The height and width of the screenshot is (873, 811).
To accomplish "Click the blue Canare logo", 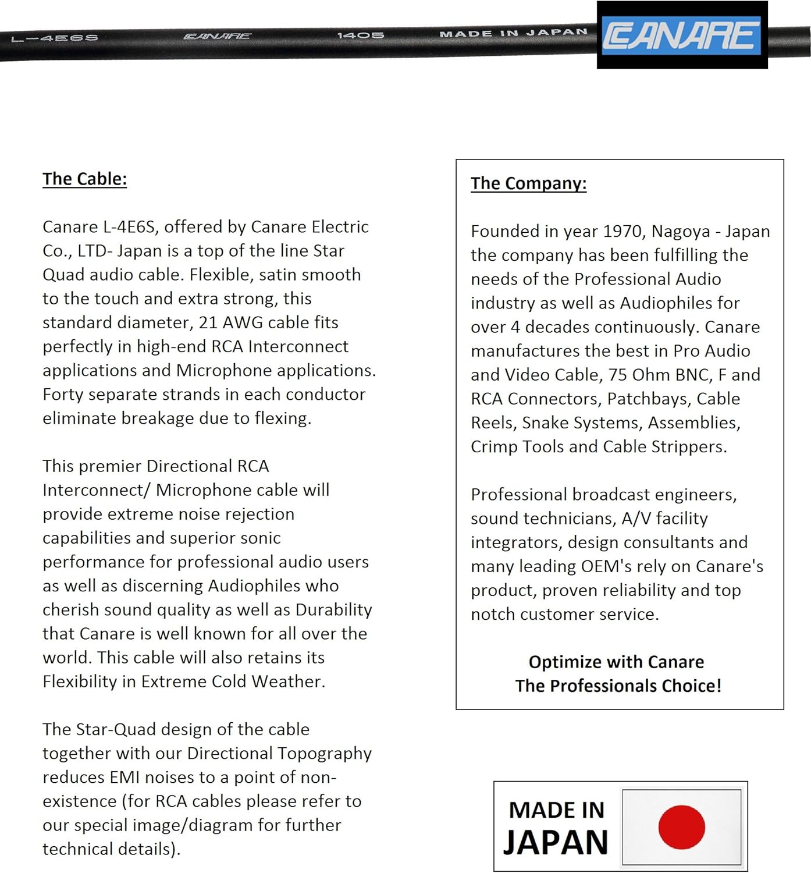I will click(x=682, y=35).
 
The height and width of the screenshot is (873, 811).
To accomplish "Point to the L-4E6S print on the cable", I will click(x=55, y=38).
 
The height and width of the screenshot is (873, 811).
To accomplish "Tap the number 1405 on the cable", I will click(x=361, y=36).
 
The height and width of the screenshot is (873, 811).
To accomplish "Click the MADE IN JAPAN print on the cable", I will click(x=513, y=33).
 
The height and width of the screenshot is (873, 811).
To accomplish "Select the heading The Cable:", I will click(x=84, y=179).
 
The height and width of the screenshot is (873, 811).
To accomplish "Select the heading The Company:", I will click(x=528, y=183).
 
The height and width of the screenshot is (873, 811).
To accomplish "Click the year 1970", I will click(x=622, y=231).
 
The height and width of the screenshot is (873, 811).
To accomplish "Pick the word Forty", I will click(x=63, y=395).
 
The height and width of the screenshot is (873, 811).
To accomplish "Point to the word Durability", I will click(x=333, y=609).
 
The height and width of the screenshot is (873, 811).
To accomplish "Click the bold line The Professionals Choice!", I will click(x=618, y=686).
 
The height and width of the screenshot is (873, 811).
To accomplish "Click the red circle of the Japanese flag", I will click(x=681, y=827).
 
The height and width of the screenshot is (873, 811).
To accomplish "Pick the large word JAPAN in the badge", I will click(x=556, y=842).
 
